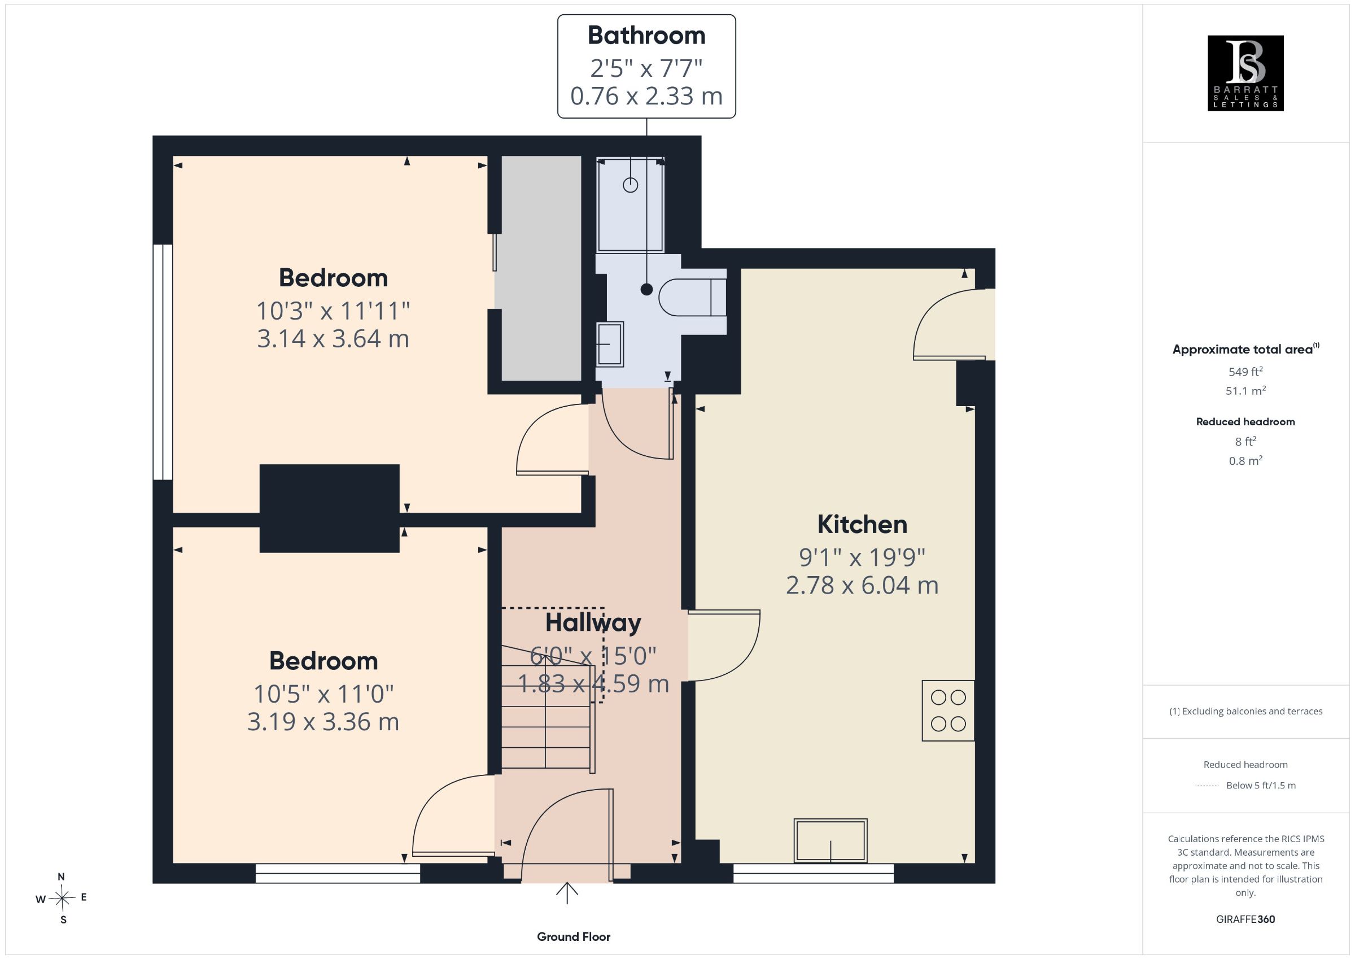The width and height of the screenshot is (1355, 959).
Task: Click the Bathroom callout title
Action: (646, 36)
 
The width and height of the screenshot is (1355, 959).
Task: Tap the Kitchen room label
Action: (862, 524)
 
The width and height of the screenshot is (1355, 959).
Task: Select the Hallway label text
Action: (593, 623)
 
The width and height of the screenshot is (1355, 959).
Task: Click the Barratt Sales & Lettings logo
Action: (1245, 73)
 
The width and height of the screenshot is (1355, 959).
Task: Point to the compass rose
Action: (62, 899)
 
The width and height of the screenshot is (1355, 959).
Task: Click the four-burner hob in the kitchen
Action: (948, 710)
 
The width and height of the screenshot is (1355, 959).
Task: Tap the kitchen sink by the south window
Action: (831, 840)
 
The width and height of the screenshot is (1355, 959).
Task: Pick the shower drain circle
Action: (630, 185)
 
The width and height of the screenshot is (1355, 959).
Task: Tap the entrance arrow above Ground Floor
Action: (566, 893)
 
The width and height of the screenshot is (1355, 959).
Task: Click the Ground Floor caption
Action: (573, 936)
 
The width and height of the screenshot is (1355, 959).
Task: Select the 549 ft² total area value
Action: (1245, 372)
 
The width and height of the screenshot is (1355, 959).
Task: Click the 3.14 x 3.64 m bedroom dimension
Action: (333, 338)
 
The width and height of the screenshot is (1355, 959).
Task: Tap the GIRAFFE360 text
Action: (1245, 919)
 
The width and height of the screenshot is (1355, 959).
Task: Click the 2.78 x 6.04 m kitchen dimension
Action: (862, 585)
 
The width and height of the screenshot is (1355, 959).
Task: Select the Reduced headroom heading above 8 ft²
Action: (1245, 422)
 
